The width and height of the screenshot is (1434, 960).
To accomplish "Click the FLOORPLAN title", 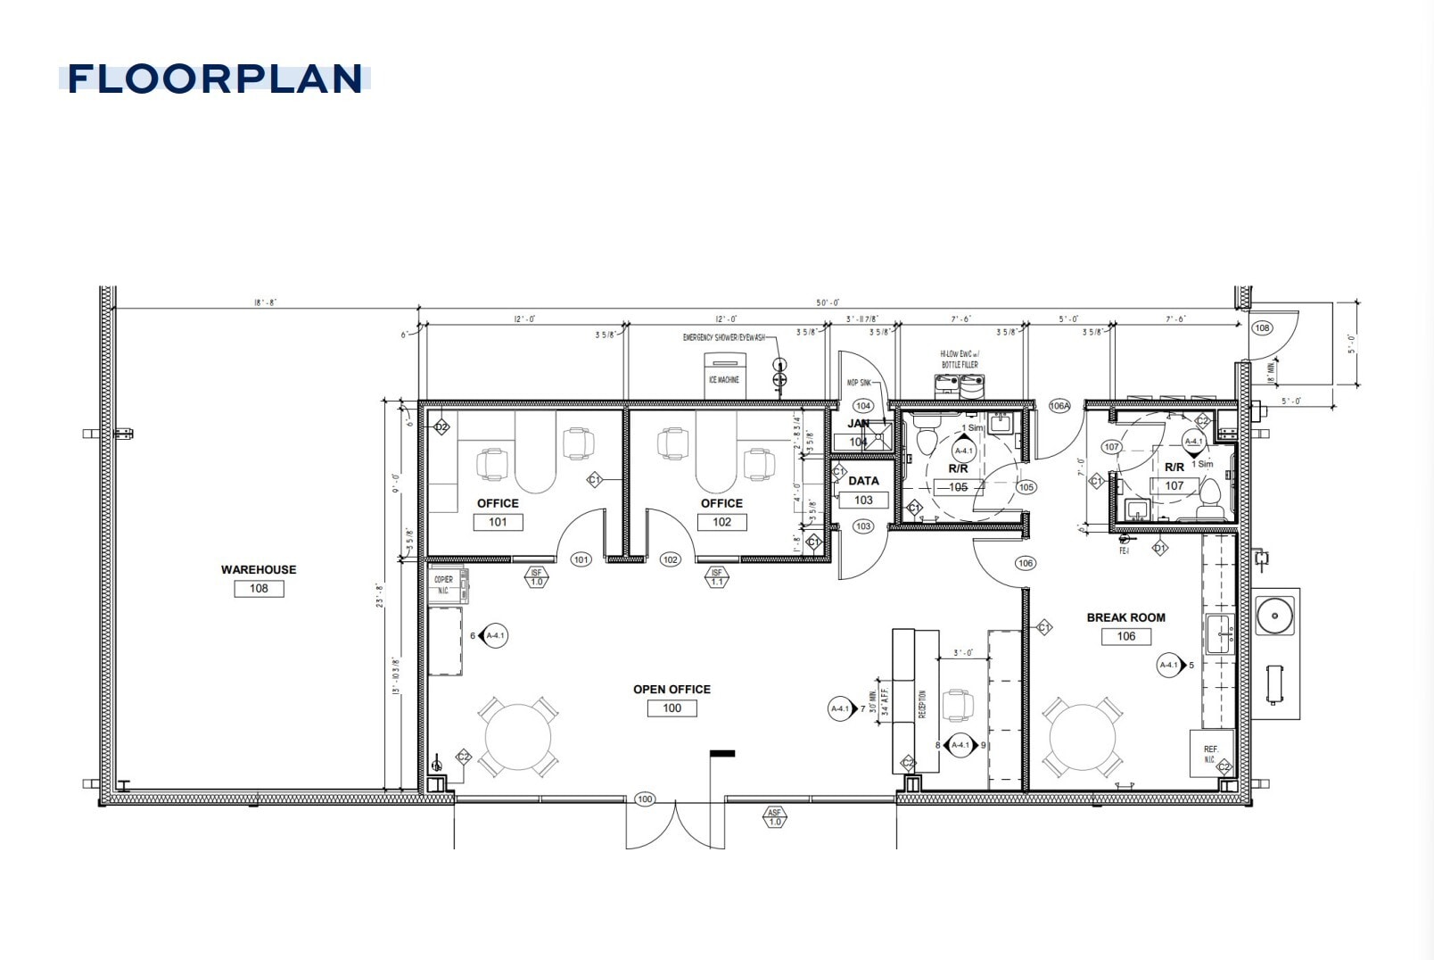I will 215,79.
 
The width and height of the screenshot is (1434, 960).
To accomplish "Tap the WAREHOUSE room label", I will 259,569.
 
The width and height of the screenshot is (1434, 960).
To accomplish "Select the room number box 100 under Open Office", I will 672,708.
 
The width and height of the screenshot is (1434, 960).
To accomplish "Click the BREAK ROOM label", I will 1125,617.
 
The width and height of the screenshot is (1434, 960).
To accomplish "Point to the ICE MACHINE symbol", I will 723,374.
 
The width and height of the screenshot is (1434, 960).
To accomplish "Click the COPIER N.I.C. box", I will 447,584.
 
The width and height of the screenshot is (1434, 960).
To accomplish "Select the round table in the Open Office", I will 518,737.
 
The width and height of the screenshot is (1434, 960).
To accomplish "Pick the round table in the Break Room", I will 1083,737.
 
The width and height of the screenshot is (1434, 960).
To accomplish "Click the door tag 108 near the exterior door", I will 1262,327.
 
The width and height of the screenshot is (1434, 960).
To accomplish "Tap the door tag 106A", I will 1059,406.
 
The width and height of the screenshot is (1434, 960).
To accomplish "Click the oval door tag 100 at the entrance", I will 645,799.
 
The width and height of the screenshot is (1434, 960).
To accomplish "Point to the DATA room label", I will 863,481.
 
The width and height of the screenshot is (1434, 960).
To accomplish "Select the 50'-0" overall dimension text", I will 827,303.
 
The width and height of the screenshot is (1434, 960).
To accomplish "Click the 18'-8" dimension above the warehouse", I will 265,303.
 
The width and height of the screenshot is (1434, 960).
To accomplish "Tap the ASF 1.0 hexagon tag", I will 774,817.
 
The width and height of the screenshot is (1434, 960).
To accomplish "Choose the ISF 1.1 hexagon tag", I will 716,577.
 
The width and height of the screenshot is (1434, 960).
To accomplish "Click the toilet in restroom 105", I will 926,438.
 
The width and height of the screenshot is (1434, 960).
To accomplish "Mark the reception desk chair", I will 958,704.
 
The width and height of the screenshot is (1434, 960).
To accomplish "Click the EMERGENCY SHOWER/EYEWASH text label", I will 723,337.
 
